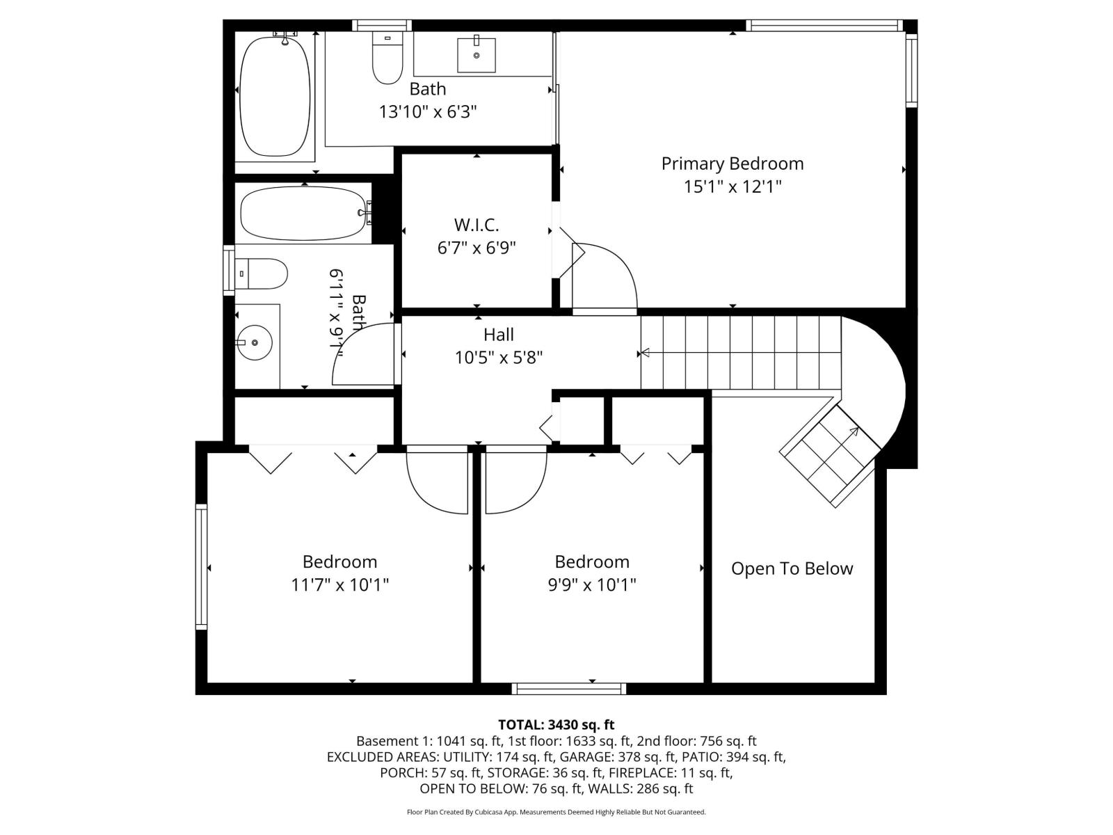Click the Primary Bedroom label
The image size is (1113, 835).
click(x=732, y=164)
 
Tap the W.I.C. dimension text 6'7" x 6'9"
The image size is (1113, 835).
click(x=477, y=248)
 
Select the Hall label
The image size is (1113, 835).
click(x=498, y=335)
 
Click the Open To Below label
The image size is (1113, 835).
click(x=792, y=568)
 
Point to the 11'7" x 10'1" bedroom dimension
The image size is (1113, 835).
click(x=339, y=584)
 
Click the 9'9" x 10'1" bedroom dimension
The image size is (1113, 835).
click(x=592, y=584)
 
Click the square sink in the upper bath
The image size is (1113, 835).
click(x=477, y=55)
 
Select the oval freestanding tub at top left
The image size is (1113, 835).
click(x=275, y=95)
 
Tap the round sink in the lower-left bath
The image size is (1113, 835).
click(x=255, y=342)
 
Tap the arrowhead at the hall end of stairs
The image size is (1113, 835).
click(x=644, y=353)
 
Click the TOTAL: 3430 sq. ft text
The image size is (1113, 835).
click(x=556, y=725)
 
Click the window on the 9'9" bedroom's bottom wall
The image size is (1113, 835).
click(x=569, y=689)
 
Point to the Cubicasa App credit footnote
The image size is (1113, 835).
click(x=556, y=812)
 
